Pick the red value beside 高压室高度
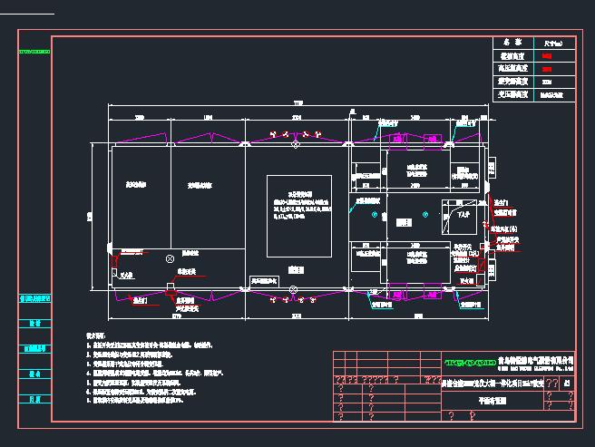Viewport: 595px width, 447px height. [547, 68]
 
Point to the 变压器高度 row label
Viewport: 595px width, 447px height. [512, 93]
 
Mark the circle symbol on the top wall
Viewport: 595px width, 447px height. [293, 145]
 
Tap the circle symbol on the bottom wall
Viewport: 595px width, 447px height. [293, 290]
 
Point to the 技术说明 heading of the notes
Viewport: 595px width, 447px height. [96, 335]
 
